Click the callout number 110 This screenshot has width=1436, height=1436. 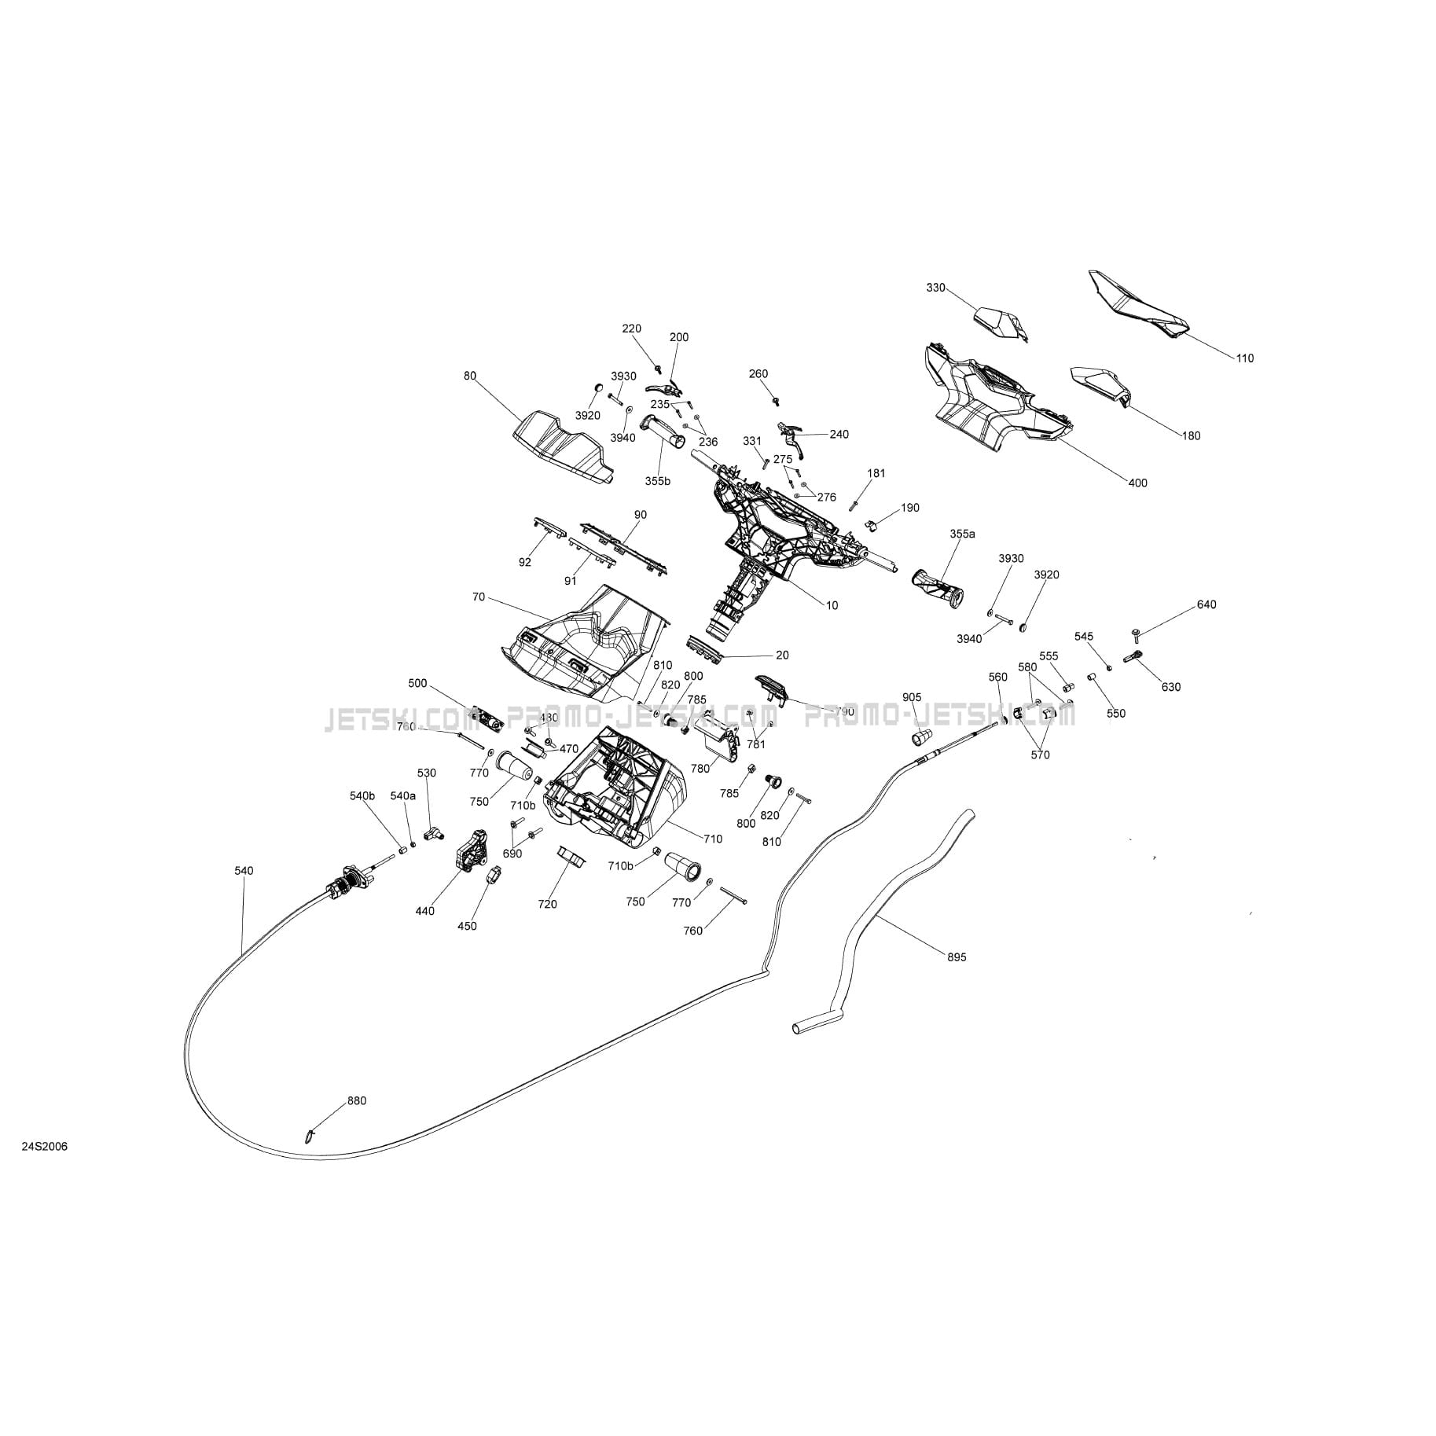coord(1244,358)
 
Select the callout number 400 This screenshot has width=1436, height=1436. coord(1137,483)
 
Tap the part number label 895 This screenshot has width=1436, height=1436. coord(957,957)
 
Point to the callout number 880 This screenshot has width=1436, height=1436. coord(357,1101)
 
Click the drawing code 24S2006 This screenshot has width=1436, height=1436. coord(45,1147)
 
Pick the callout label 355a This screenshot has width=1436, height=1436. coord(962,534)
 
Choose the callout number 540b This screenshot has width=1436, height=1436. coord(362,796)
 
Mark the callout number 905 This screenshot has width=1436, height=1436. coord(912,697)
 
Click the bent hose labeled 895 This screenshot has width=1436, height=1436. coord(872,912)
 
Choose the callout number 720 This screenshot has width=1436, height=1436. coord(547,904)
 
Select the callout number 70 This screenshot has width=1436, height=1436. coord(479,597)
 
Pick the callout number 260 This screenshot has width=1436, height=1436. coord(758,374)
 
